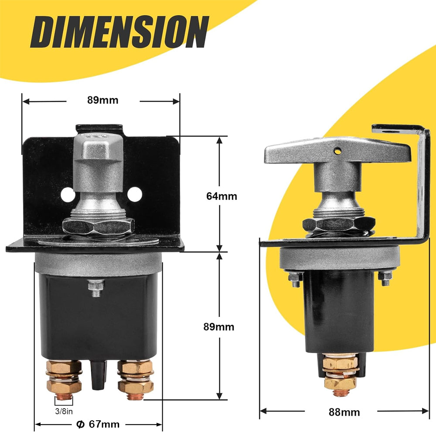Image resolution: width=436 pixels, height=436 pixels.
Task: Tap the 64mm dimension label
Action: tap(221, 196)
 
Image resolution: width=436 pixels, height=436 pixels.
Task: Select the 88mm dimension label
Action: tap(344, 412)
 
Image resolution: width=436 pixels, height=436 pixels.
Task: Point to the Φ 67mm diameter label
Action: tap(98, 424)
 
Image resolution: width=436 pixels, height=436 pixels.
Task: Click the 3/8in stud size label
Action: tap(64, 411)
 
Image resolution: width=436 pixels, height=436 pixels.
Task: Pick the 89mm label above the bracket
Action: tap(102, 100)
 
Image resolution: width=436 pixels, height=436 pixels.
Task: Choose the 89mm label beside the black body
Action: tap(218, 327)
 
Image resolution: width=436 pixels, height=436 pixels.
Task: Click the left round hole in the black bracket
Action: tap(68, 194)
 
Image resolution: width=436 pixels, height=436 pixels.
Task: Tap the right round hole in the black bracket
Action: tap(135, 194)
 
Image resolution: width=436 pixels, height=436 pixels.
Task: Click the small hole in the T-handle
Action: tap(337, 150)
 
